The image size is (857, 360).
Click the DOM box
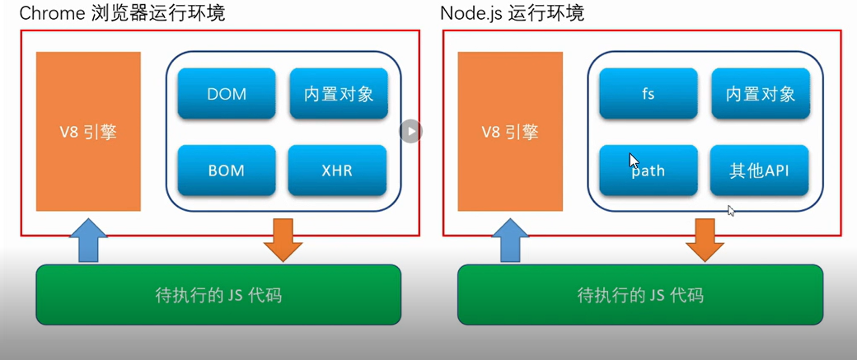[x=227, y=93]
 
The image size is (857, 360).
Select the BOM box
[x=227, y=171]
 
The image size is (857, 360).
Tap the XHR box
[x=337, y=171]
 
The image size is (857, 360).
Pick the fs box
[x=649, y=93]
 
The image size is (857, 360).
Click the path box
[x=649, y=171]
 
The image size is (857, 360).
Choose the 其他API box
[x=760, y=171]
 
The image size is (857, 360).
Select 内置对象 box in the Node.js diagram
[x=760, y=93]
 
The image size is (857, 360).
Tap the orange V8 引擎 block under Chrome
[x=88, y=132]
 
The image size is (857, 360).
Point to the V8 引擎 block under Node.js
[x=510, y=132]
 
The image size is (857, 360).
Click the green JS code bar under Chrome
[x=218, y=294]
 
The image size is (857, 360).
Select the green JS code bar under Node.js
[x=639, y=294]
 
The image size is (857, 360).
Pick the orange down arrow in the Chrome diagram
[x=283, y=239]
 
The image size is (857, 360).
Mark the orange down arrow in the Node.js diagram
[x=705, y=239]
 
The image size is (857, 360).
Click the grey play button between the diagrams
[x=411, y=130]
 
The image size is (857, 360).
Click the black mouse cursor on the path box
[x=634, y=161]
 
